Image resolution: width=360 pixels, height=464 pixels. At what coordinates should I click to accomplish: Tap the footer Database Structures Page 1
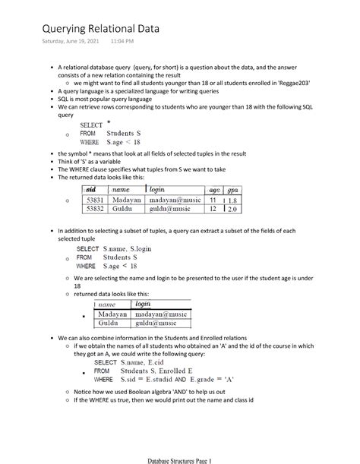click(x=179, y=459)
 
